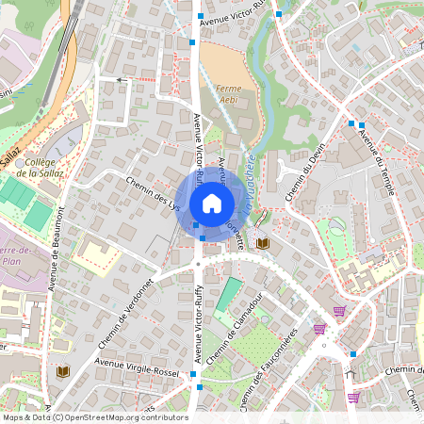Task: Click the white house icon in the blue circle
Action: [x=211, y=203]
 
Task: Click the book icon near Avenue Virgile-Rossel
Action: [x=63, y=372]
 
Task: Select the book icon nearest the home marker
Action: [x=263, y=243]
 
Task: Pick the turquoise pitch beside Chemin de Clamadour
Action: [x=227, y=295]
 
